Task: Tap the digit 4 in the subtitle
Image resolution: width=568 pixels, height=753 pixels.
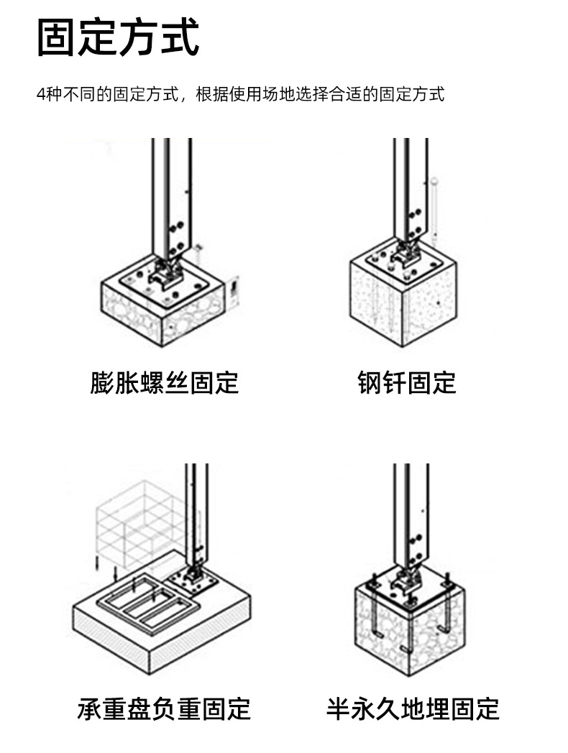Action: tap(40, 94)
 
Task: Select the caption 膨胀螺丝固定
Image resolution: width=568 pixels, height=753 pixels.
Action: tap(165, 382)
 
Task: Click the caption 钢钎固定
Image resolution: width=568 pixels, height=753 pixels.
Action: tap(406, 382)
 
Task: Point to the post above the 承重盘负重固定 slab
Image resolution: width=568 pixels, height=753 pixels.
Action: tap(196, 514)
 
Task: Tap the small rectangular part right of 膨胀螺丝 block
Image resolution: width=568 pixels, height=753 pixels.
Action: tap(234, 288)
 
